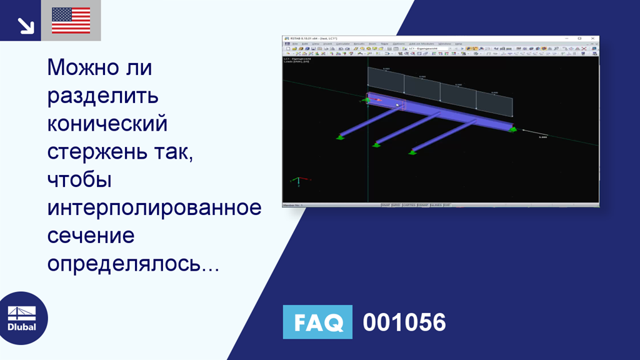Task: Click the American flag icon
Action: click(71, 21)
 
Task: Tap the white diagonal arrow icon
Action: click(25, 25)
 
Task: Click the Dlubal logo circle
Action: click(22, 317)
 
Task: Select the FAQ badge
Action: click(317, 322)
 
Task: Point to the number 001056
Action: click(404, 322)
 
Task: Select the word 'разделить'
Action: click(102, 96)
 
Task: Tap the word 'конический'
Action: click(107, 124)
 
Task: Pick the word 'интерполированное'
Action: click(154, 207)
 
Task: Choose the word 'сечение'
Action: click(91, 236)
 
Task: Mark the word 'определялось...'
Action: click(132, 264)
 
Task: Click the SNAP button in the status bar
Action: click(386, 204)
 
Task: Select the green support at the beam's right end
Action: click(512, 129)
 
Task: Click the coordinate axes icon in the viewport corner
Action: click(299, 181)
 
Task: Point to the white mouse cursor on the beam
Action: click(397, 105)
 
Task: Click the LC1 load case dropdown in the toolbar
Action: click(428, 49)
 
